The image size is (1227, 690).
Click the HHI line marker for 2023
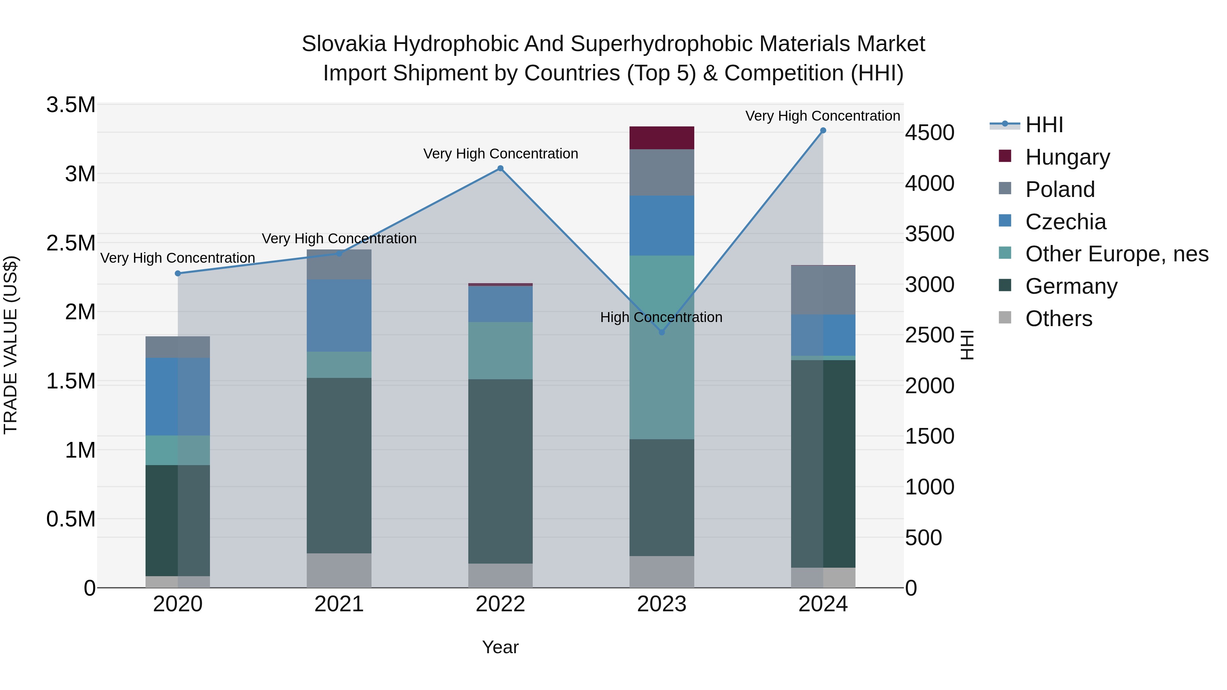[662, 332]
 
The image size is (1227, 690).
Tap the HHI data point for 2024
[823, 131]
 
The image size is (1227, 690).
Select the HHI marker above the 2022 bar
[500, 168]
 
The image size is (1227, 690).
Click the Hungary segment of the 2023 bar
[662, 138]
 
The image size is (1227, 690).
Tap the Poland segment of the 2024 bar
[823, 290]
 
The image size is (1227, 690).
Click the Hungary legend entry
[1067, 157]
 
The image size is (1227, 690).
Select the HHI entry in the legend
[1044, 125]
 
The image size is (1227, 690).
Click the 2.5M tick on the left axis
[71, 243]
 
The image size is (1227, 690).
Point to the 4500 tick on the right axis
[929, 133]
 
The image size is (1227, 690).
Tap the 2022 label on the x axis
[500, 604]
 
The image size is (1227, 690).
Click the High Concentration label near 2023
[661, 317]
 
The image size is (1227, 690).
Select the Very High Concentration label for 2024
[823, 116]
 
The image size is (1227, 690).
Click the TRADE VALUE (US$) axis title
[11, 345]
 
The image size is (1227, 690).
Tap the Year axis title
[500, 647]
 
